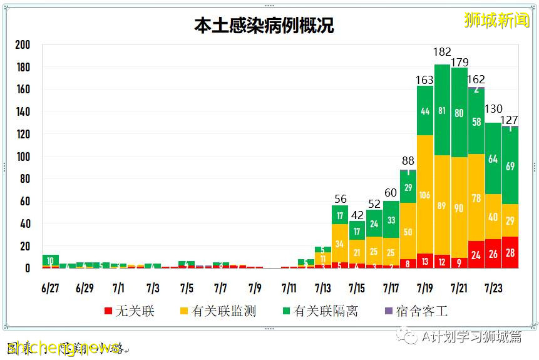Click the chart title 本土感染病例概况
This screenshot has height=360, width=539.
coord(264,26)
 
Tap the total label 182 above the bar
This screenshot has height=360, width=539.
coord(443,52)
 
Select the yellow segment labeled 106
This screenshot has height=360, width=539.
coord(425,195)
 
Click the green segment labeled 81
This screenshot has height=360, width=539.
coord(443,111)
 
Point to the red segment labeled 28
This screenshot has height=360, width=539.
coord(510,253)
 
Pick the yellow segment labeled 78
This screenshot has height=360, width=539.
coord(476,198)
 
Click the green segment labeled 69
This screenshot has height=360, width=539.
coord(510,167)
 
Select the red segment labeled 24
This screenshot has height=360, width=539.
coord(476,255)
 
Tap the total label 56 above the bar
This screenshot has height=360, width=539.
coord(341,199)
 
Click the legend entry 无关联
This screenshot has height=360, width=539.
coord(129,311)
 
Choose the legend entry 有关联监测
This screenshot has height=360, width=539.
coord(217,311)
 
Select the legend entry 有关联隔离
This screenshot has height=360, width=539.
coord(319,311)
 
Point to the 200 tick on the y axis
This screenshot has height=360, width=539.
coord(23,45)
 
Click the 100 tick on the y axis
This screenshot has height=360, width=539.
coord(23,157)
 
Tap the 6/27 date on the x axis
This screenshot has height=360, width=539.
coord(51,289)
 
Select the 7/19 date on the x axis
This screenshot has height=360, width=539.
coord(425,289)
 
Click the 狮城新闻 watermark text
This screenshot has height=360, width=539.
coord(496,20)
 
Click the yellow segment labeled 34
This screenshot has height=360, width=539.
coord(340,243)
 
